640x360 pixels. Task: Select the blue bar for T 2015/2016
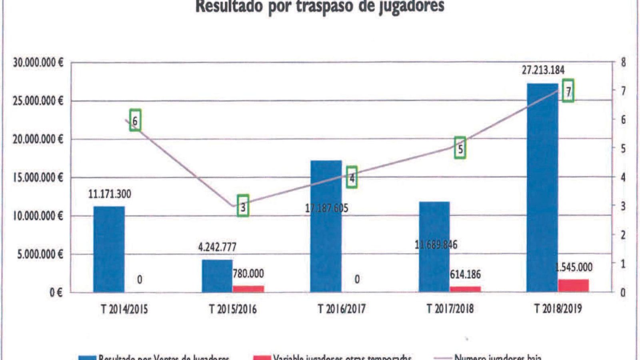(217, 276)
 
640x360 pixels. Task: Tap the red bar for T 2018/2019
(574, 286)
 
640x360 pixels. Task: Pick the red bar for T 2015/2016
(248, 289)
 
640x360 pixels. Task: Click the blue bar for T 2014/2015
(109, 249)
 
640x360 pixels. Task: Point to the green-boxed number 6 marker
(135, 120)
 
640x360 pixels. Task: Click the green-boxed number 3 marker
(243, 206)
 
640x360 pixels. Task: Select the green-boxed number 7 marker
(568, 91)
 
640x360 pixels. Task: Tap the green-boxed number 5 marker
(460, 148)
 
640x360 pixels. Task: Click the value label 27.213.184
(543, 70)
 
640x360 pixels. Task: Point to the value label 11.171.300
(110, 194)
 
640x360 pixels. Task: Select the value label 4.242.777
(217, 247)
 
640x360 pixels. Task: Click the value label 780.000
(248, 274)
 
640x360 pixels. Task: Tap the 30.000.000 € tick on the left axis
(38, 63)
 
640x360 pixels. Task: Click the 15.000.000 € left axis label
(38, 178)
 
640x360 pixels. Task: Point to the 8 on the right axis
(623, 63)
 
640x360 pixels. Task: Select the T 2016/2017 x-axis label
(342, 309)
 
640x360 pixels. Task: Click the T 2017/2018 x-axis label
(450, 309)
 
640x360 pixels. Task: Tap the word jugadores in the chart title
(411, 6)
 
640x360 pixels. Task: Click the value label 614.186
(465, 274)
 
